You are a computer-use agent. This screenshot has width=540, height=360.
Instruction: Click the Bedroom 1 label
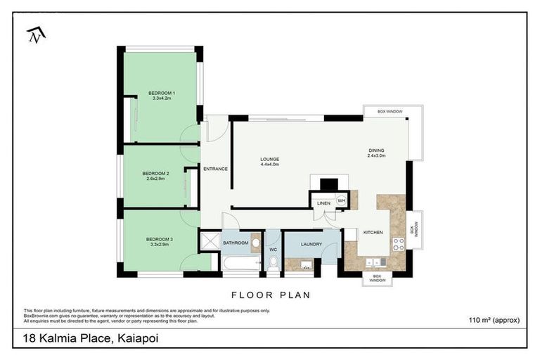[162, 93]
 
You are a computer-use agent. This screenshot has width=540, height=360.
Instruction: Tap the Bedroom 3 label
[160, 239]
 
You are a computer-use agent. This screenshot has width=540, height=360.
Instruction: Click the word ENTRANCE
[215, 169]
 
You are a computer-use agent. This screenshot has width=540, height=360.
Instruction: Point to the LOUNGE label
[269, 159]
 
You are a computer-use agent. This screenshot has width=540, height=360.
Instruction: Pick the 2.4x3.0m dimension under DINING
[377, 156]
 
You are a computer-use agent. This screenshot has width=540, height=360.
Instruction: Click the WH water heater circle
[341, 200]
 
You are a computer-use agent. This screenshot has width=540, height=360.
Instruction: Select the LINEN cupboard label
[323, 203]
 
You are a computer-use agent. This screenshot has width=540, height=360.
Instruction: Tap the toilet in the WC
[273, 263]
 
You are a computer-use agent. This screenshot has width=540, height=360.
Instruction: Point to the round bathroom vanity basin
[255, 244]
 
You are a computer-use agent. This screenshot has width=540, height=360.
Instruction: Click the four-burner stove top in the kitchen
[398, 244]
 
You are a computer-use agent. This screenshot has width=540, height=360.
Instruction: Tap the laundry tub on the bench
[305, 264]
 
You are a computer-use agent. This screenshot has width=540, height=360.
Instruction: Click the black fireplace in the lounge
[328, 184]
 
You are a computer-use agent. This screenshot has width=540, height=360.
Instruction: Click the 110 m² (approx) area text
[494, 320]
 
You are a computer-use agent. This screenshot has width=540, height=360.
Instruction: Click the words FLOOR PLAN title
[270, 295]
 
